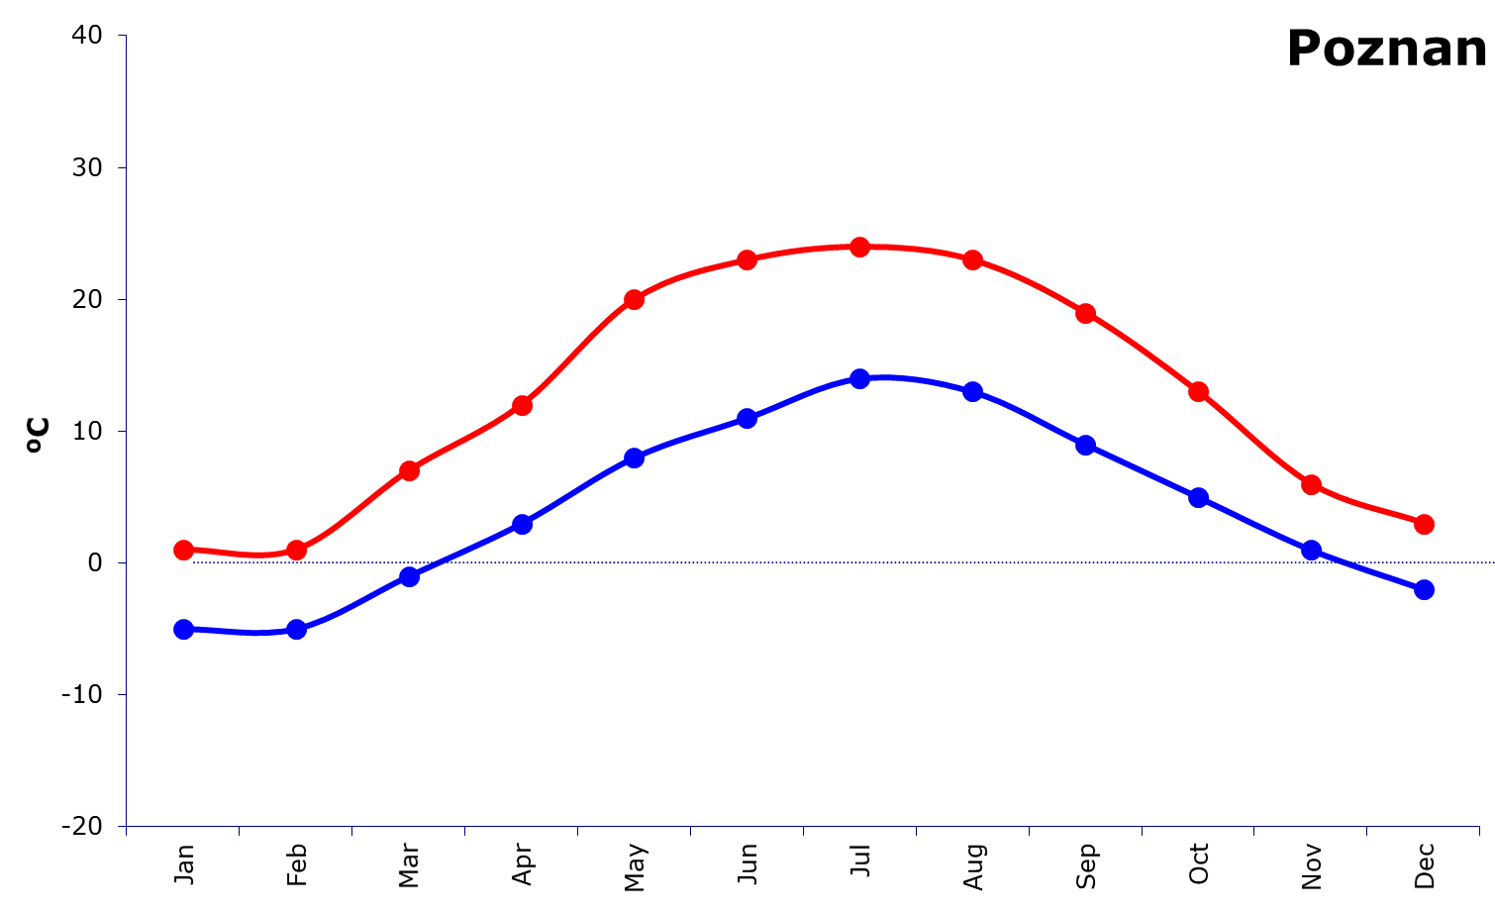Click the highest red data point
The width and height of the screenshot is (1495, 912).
(x=859, y=247)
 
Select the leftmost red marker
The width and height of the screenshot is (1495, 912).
(x=183, y=550)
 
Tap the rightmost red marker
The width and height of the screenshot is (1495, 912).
(x=1424, y=524)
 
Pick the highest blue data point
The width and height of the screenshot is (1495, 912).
(x=859, y=378)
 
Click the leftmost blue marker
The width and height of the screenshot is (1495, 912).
(x=183, y=629)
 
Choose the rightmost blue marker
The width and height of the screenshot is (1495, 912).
(x=1424, y=589)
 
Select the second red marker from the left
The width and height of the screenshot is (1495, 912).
(x=296, y=550)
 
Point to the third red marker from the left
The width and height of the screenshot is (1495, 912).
(x=409, y=470)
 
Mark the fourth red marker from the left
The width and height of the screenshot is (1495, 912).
(x=522, y=405)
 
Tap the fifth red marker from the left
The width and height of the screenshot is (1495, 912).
(x=635, y=299)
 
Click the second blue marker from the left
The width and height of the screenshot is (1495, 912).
(x=296, y=629)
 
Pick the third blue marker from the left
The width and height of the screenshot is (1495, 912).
(x=409, y=576)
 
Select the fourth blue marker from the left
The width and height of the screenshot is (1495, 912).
(x=522, y=523)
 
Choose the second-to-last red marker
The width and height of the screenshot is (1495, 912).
(x=1311, y=484)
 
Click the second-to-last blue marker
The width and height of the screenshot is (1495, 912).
(x=1311, y=550)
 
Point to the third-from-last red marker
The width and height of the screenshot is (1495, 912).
(x=1198, y=391)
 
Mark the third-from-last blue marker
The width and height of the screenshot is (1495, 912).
(x=1198, y=497)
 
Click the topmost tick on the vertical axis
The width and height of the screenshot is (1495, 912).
(x=123, y=36)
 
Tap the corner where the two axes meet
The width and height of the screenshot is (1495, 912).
(x=126, y=826)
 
